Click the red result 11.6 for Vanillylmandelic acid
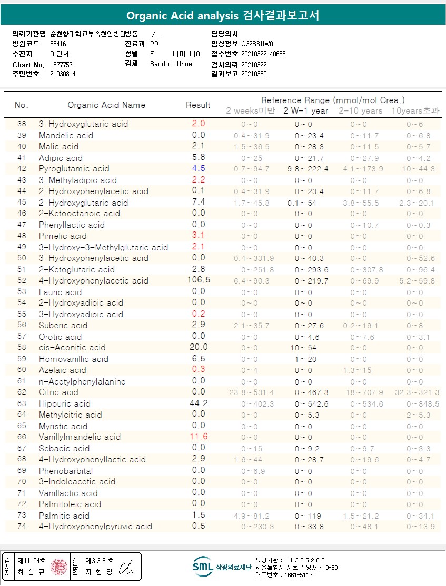(199, 437)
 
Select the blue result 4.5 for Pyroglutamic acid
(199, 168)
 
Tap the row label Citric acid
(58, 392)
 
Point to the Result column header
(198, 105)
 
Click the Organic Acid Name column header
(106, 105)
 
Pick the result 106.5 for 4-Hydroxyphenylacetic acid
(199, 280)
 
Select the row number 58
(22, 348)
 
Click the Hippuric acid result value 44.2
(199, 403)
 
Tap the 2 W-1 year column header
(305, 111)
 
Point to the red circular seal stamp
(58, 567)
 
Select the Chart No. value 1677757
(61, 65)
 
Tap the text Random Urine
(171, 64)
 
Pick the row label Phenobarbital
(66, 471)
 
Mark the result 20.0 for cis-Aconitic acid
(199, 347)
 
